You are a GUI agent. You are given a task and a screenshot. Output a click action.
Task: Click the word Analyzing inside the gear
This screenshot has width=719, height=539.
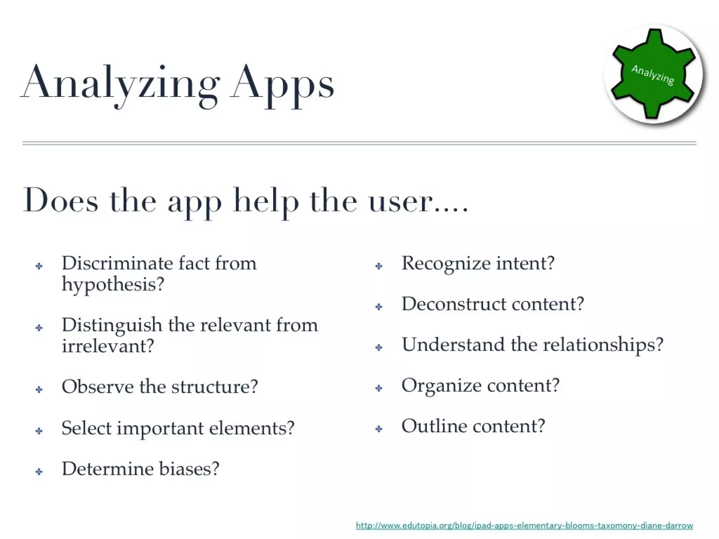tap(653, 75)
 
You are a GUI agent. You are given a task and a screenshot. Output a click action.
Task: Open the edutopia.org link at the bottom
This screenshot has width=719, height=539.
tap(525, 525)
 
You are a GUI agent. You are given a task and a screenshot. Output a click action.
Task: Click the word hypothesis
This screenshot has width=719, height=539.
tap(113, 284)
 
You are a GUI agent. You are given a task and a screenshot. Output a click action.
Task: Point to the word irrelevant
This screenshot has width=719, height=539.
tap(108, 346)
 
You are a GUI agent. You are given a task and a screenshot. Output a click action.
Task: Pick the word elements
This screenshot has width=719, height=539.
tap(251, 428)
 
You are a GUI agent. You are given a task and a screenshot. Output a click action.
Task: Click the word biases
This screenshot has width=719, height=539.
tap(189, 469)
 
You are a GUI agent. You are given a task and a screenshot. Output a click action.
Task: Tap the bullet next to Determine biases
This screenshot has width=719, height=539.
tap(39, 472)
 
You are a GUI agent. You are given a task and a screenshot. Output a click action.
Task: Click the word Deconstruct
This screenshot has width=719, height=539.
tap(454, 304)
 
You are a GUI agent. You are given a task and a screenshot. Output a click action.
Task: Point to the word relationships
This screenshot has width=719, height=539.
tap(603, 345)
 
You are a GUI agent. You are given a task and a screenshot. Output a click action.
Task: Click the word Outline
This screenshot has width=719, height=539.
tap(434, 426)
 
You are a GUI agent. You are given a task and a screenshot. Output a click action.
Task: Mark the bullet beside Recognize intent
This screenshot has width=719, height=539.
tap(378, 266)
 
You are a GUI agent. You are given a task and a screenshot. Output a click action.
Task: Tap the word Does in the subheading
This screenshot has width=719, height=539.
tap(60, 201)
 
